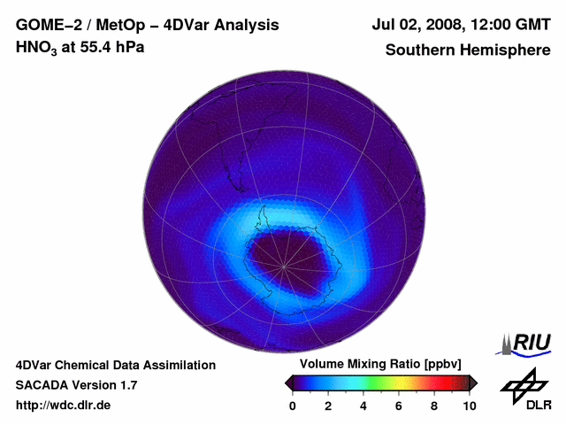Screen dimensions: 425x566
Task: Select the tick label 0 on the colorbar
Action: pos(293,406)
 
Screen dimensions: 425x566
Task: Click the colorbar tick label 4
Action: pos(363,406)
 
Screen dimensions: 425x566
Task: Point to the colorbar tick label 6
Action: pos(399,406)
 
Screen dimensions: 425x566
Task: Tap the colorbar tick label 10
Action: pos(469,406)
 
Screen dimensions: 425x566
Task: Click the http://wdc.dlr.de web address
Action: pos(64,406)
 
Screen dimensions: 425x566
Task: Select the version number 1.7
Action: pos(127,385)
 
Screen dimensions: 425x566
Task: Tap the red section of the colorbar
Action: pos(438,382)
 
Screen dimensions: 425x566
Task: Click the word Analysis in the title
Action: pos(251,26)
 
